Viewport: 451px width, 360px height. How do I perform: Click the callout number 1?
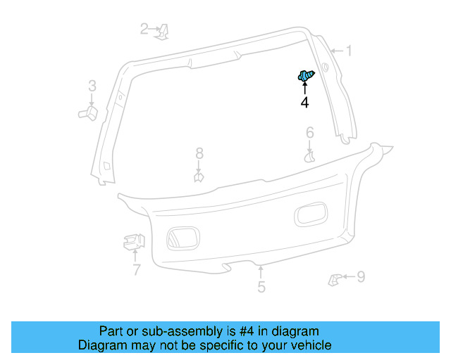(347, 51)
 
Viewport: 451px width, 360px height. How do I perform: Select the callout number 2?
(144, 29)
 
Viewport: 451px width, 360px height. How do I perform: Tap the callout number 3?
(92, 86)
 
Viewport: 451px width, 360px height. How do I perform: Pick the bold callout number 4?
(304, 103)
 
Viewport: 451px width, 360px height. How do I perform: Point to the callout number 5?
(261, 287)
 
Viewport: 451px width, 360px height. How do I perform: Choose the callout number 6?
(309, 133)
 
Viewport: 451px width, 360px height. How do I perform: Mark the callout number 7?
(136, 269)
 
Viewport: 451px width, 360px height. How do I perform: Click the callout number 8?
(199, 153)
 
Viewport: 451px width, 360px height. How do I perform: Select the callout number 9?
(360, 277)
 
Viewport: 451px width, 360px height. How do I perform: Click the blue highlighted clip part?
(306, 76)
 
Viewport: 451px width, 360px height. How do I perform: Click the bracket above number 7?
(132, 242)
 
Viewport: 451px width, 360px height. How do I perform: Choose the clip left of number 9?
(334, 279)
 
